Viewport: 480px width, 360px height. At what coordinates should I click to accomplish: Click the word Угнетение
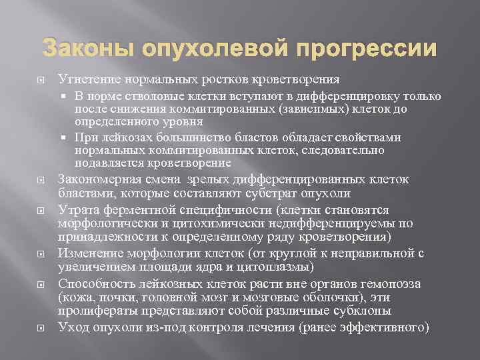[x=86, y=79]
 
